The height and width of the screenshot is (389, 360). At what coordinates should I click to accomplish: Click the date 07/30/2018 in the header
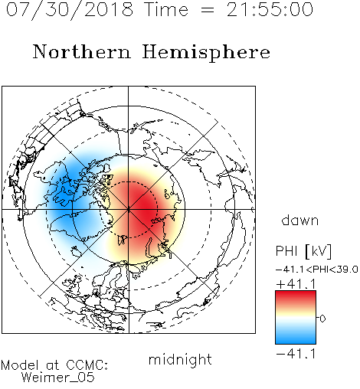[x=70, y=9]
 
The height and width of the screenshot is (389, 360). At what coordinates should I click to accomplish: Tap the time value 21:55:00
[x=270, y=9]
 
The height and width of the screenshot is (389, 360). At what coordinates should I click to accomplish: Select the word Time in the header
[x=166, y=9]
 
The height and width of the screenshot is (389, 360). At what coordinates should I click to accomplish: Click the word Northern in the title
[x=81, y=51]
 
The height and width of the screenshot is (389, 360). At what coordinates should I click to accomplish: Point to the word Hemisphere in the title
[x=206, y=52]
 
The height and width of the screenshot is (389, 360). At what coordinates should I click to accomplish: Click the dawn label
[x=300, y=220]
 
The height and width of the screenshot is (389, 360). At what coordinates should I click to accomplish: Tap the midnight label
[x=180, y=359]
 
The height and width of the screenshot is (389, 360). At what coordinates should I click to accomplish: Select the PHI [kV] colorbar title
[x=303, y=251]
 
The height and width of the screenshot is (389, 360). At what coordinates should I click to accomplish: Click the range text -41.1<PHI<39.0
[x=317, y=270]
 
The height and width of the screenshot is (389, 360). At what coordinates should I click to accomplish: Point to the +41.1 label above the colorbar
[x=296, y=284]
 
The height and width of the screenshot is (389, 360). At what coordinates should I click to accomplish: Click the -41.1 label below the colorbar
[x=296, y=354]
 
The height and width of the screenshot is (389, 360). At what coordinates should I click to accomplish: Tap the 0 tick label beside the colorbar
[x=322, y=319]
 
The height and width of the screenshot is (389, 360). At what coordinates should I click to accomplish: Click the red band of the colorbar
[x=296, y=297]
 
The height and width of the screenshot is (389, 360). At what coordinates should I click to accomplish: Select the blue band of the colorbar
[x=296, y=337]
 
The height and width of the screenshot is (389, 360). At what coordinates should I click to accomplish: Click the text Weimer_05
[x=58, y=378]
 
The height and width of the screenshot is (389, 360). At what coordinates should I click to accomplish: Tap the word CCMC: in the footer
[x=87, y=365]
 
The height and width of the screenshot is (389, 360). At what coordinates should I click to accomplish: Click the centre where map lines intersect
[x=129, y=210]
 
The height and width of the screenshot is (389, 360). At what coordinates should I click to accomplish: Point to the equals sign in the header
[x=208, y=10]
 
